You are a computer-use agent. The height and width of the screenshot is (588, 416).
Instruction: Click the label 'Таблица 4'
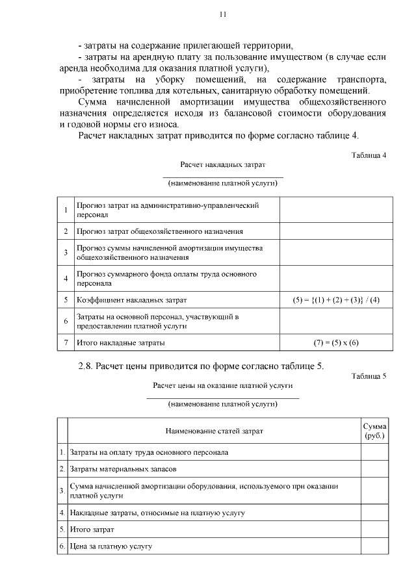(x=369, y=156)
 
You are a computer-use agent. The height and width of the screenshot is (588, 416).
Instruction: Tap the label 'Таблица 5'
(x=369, y=376)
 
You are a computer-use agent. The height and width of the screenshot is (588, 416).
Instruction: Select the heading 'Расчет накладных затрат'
(x=222, y=166)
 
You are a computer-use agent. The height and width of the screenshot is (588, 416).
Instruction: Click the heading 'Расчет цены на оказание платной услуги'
(x=222, y=385)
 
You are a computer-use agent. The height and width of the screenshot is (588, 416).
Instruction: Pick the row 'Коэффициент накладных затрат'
(x=131, y=300)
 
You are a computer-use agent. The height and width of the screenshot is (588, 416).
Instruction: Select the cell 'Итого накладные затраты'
(x=121, y=342)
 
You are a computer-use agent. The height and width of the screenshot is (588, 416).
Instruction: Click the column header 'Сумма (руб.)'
(x=374, y=431)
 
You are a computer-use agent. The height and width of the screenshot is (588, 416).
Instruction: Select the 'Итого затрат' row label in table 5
(x=91, y=530)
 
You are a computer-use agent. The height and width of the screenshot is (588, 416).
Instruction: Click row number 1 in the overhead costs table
(x=66, y=210)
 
